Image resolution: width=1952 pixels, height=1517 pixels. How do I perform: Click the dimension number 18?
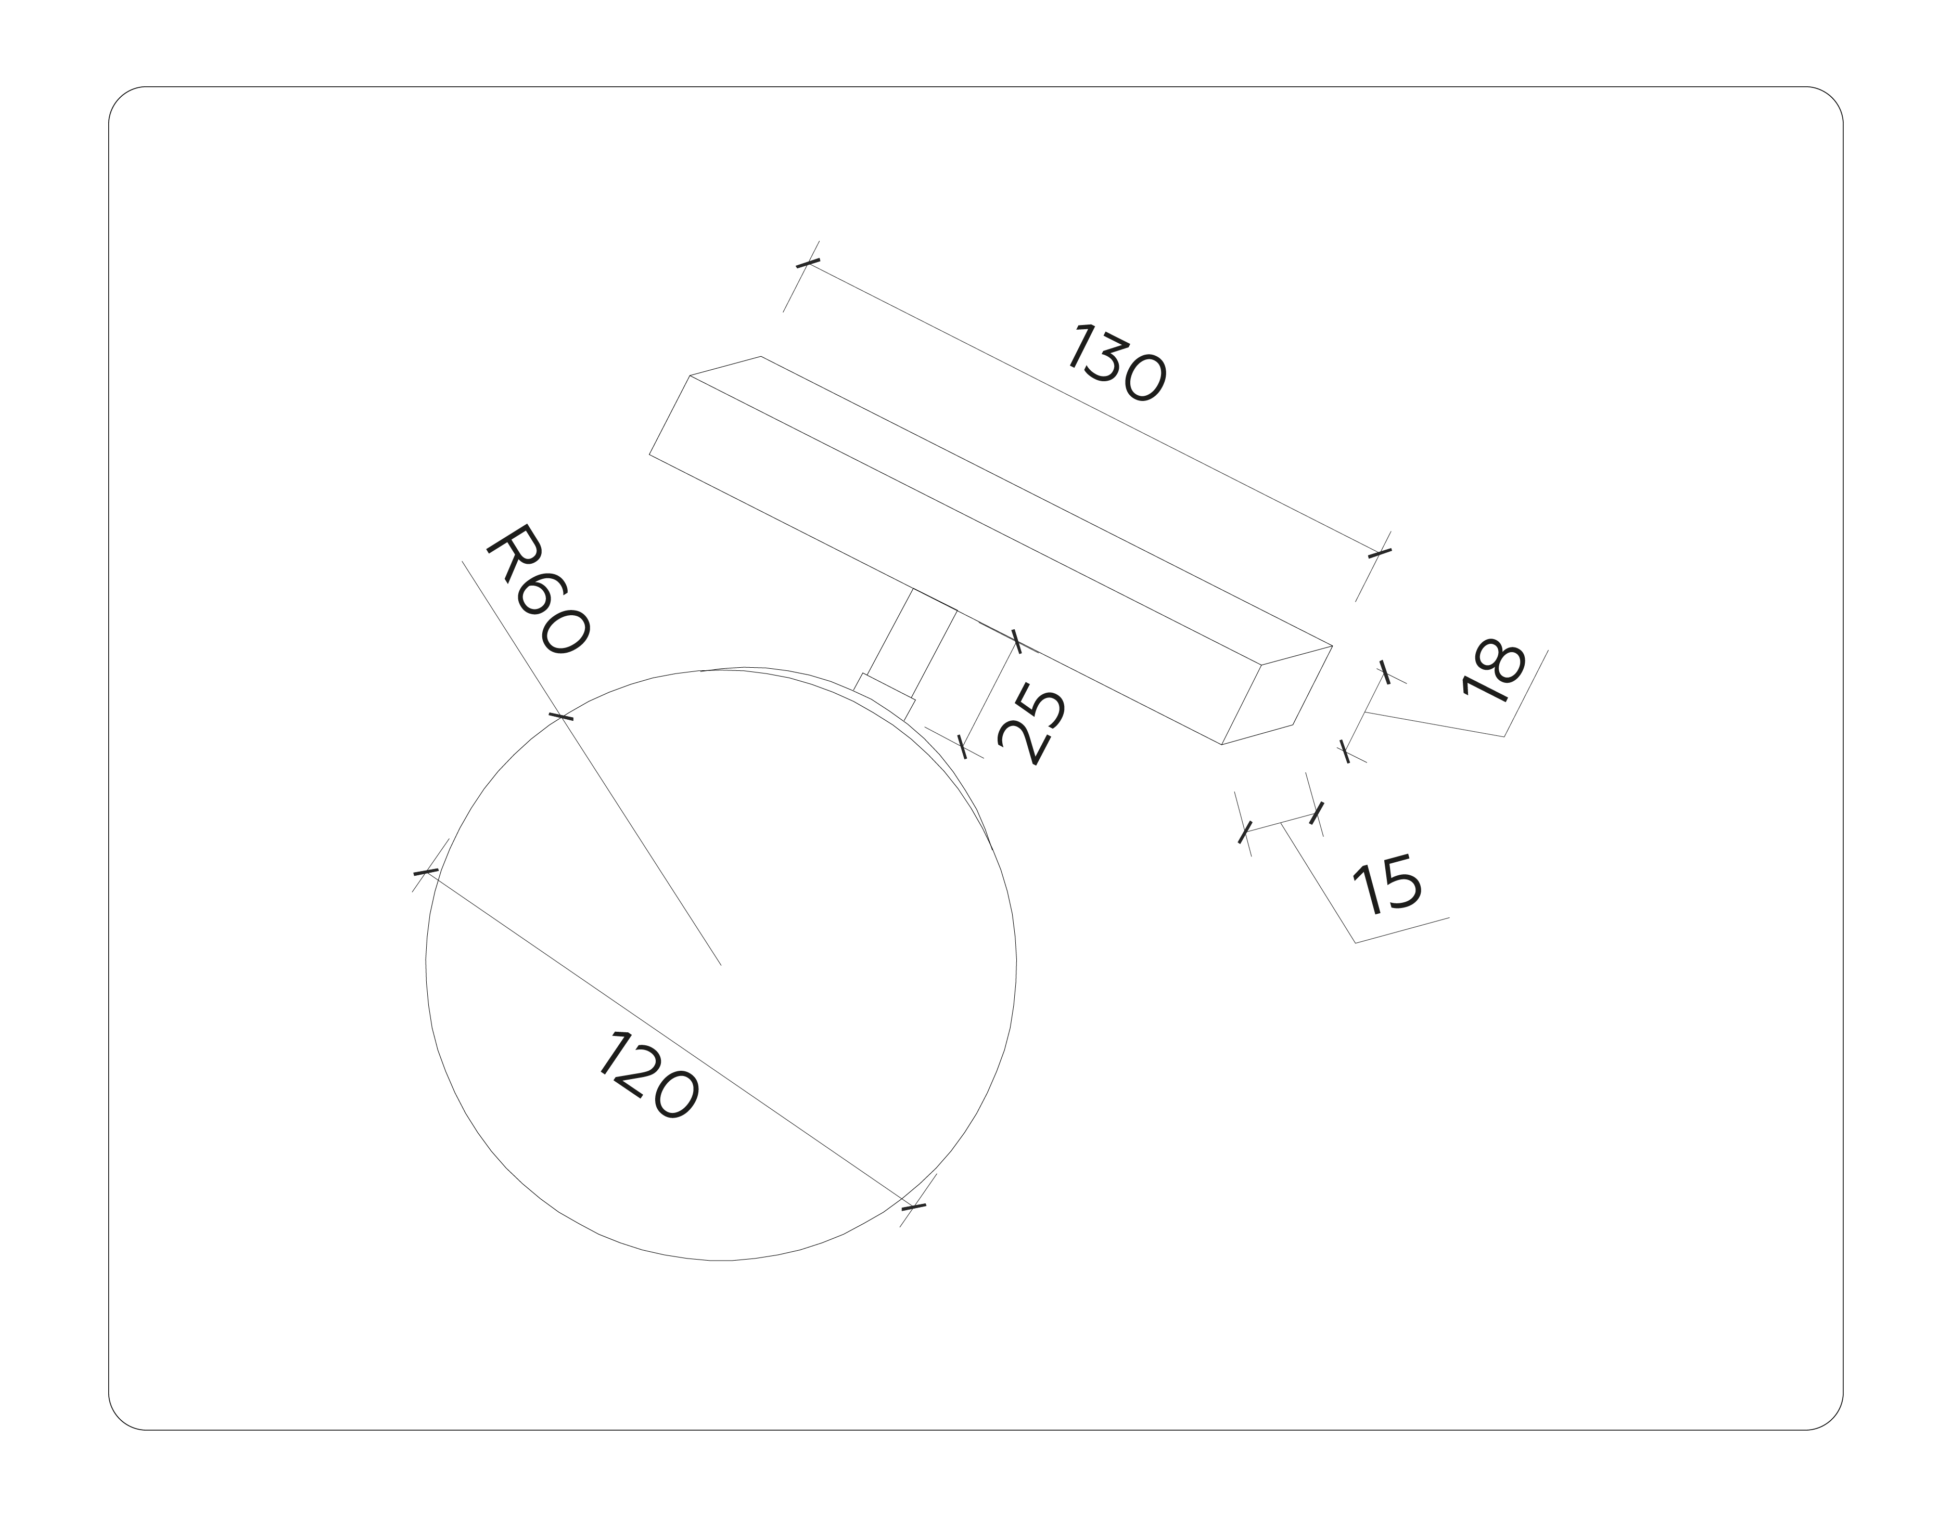click(1492, 669)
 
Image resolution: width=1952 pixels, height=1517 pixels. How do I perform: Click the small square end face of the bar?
click(1277, 695)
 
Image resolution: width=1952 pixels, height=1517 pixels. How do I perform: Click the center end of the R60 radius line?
click(720, 965)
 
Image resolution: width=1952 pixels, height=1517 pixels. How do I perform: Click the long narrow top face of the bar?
click(1010, 500)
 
